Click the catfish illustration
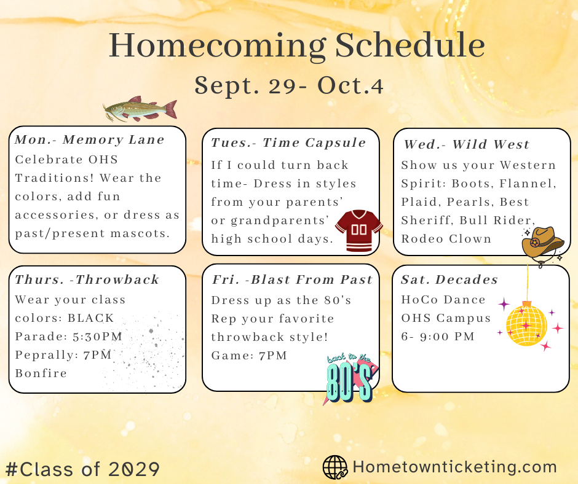pyautogui.click(x=140, y=110)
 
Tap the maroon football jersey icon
pyautogui.click(x=358, y=230)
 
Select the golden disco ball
pyautogui.click(x=526, y=323)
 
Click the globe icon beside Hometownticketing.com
pyautogui.click(x=335, y=467)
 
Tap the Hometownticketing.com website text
pyautogui.click(x=454, y=467)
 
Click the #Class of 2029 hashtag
pyautogui.click(x=83, y=469)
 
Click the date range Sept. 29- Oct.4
pyautogui.click(x=289, y=87)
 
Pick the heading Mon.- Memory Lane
pyautogui.click(x=90, y=139)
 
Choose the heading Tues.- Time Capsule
pyautogui.click(x=288, y=143)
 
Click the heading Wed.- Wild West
pyautogui.click(x=467, y=145)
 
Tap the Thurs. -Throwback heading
pyautogui.click(x=87, y=280)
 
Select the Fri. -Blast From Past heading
pyautogui.click(x=292, y=280)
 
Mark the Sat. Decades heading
pyautogui.click(x=449, y=280)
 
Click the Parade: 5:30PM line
pyautogui.click(x=69, y=337)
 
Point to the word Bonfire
pyautogui.click(x=41, y=373)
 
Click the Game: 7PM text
pyautogui.click(x=249, y=356)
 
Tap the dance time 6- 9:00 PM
pyautogui.click(x=438, y=337)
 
